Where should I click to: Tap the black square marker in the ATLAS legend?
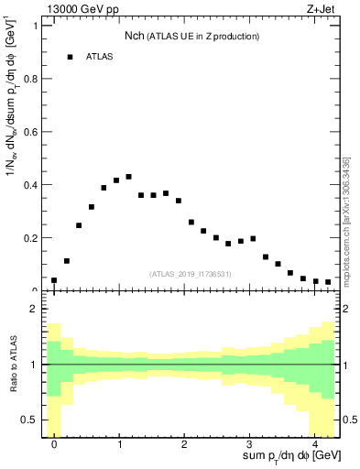point(70,57)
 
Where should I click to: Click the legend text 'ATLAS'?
point(100,57)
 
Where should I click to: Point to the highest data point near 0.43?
point(128,177)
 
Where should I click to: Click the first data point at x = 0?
point(54,280)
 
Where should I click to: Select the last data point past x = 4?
point(328,282)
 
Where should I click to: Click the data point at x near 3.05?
point(253,239)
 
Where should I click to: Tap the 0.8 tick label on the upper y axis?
point(32,78)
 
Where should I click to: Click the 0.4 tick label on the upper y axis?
point(32,185)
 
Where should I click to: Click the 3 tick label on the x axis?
point(249,444)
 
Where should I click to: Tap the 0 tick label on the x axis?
point(54,444)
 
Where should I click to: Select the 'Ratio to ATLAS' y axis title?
point(12,365)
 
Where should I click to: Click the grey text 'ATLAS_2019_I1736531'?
point(190,274)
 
